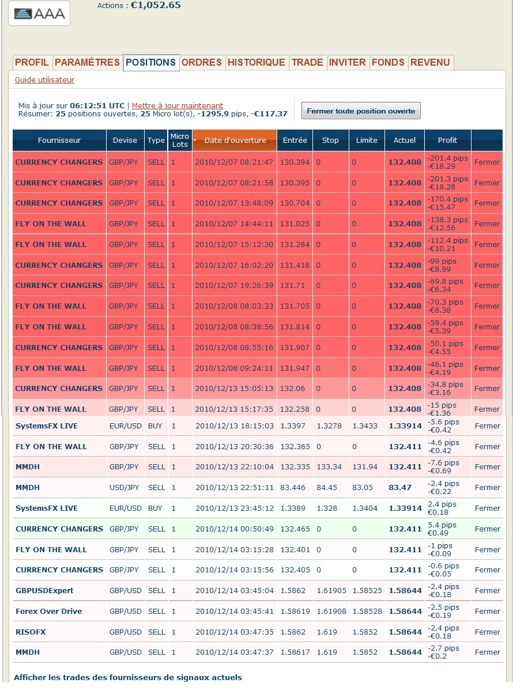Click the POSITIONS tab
tap(150, 62)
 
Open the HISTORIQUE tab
tap(256, 62)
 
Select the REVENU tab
tap(431, 62)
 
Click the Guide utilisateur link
tap(44, 80)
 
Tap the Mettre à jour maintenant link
tap(178, 105)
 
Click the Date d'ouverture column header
tap(235, 141)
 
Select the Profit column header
tap(447, 141)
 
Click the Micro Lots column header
tap(180, 141)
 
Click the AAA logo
tap(39, 13)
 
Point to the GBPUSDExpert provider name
tap(44, 591)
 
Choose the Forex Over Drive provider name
tap(48, 612)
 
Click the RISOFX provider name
tap(31, 632)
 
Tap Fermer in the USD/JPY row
tap(487, 488)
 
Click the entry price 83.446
tap(293, 488)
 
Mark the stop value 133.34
tap(327, 467)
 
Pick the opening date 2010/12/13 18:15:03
tap(234, 426)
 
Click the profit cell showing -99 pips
tap(447, 265)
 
